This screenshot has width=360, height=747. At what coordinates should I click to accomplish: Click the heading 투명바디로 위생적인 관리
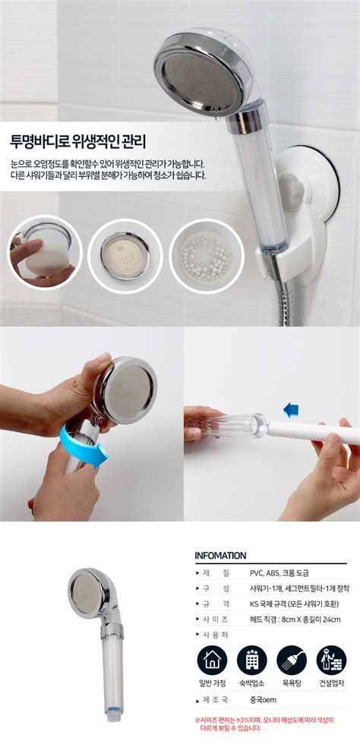(x=78, y=141)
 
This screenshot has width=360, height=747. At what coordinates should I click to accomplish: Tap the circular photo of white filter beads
(x=207, y=257)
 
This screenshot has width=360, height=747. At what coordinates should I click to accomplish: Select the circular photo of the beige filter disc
(x=125, y=257)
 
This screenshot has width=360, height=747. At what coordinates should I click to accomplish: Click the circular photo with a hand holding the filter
(x=44, y=253)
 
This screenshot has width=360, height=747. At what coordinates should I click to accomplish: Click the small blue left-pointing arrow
(x=290, y=408)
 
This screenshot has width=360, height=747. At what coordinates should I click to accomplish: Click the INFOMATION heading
(x=221, y=556)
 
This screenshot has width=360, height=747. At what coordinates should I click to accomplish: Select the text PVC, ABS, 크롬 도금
(x=283, y=572)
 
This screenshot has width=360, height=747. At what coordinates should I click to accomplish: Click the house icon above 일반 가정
(x=212, y=660)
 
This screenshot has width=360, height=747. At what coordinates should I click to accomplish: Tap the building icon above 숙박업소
(x=251, y=660)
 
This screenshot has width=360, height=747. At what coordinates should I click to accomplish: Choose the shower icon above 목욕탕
(x=292, y=660)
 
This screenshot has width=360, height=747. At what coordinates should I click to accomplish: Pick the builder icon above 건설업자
(x=331, y=660)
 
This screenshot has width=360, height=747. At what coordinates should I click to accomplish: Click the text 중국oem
(x=264, y=700)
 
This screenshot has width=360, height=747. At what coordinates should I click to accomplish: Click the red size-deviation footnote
(x=264, y=723)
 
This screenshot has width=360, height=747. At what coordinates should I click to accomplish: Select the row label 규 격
(x=214, y=604)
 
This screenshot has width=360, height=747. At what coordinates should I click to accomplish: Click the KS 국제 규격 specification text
(x=294, y=604)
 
